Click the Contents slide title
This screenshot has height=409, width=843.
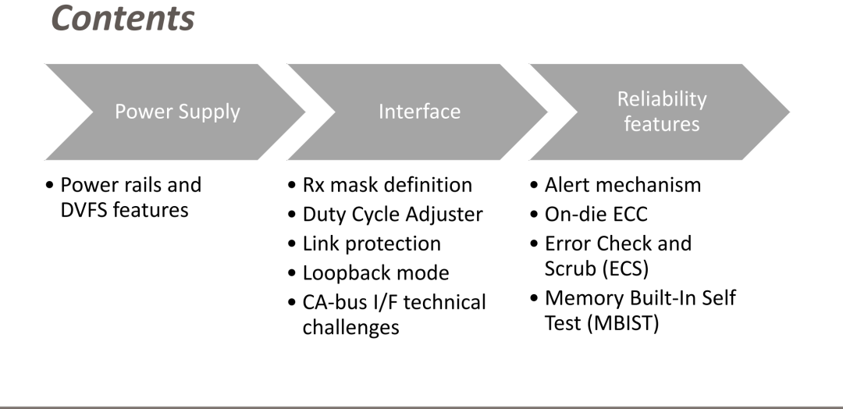pos(123,18)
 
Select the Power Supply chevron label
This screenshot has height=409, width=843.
pos(177,112)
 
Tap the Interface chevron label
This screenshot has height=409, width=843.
pos(419,112)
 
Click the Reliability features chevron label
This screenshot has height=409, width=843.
pos(661,112)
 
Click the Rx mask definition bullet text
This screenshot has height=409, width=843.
pos(387,185)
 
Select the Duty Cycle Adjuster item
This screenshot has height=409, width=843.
pos(393,215)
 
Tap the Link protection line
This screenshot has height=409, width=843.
pos(372,244)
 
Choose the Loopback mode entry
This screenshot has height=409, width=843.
pos(375,272)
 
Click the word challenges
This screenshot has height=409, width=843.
pos(350,327)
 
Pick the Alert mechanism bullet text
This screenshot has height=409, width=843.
pos(623,185)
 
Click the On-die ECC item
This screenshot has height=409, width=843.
pos(596,214)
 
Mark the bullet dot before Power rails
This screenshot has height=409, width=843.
pos(50,186)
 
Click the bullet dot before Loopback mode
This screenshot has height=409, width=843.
pos(292,273)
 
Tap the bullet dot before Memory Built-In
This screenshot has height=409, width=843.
pos(534,298)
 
